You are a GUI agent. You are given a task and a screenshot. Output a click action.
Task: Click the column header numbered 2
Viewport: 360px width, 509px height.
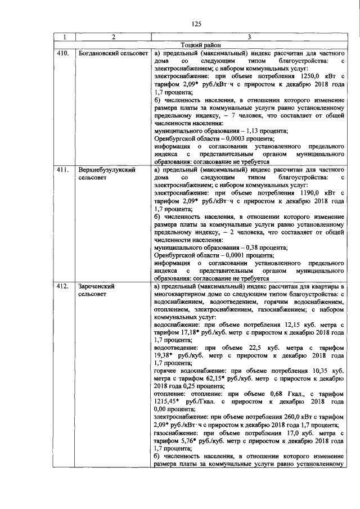(x=113, y=38)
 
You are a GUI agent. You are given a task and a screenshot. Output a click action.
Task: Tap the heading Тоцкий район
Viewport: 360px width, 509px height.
(x=202, y=46)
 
